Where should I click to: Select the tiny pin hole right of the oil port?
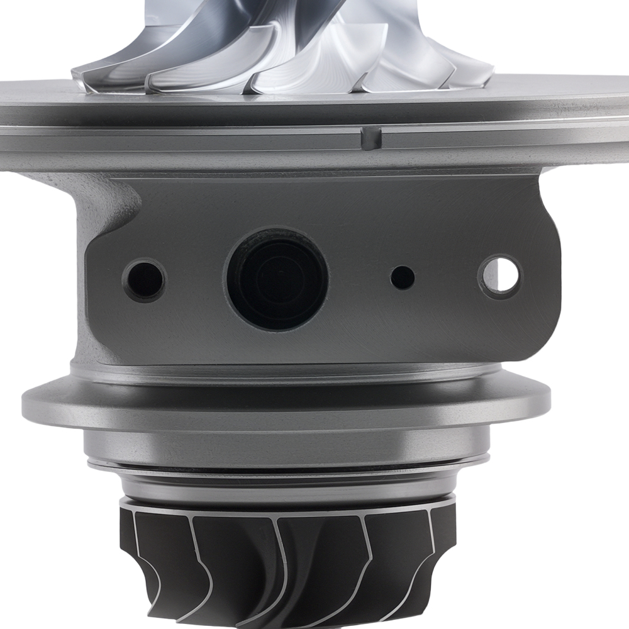click(403, 277)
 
